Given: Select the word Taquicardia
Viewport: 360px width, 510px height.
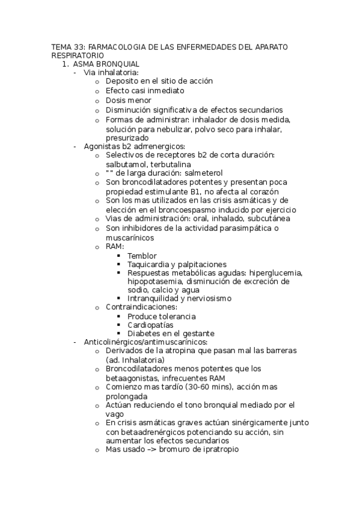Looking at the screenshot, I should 148,265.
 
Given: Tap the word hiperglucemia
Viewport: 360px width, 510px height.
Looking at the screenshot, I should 276,273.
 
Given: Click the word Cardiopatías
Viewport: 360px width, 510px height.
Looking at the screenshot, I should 150,325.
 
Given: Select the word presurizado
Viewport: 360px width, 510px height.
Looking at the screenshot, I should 130,137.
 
